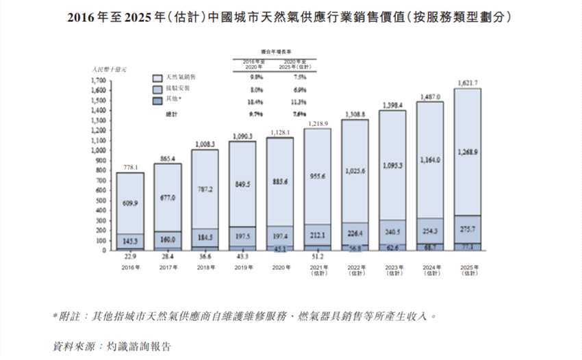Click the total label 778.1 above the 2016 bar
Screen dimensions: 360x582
pos(129,166)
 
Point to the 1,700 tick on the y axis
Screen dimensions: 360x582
pos(98,81)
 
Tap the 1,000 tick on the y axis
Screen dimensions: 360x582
pos(98,151)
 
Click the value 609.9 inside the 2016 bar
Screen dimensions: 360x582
pos(129,203)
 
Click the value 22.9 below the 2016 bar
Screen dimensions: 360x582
pos(129,257)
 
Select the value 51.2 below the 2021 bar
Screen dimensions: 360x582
pos(317,257)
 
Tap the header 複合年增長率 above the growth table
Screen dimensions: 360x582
pos(270,52)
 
